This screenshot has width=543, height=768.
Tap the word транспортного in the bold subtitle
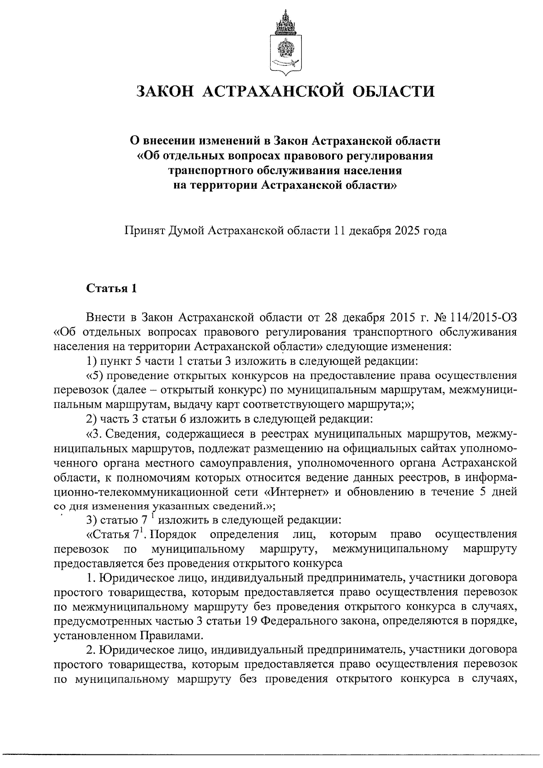click(211, 171)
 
